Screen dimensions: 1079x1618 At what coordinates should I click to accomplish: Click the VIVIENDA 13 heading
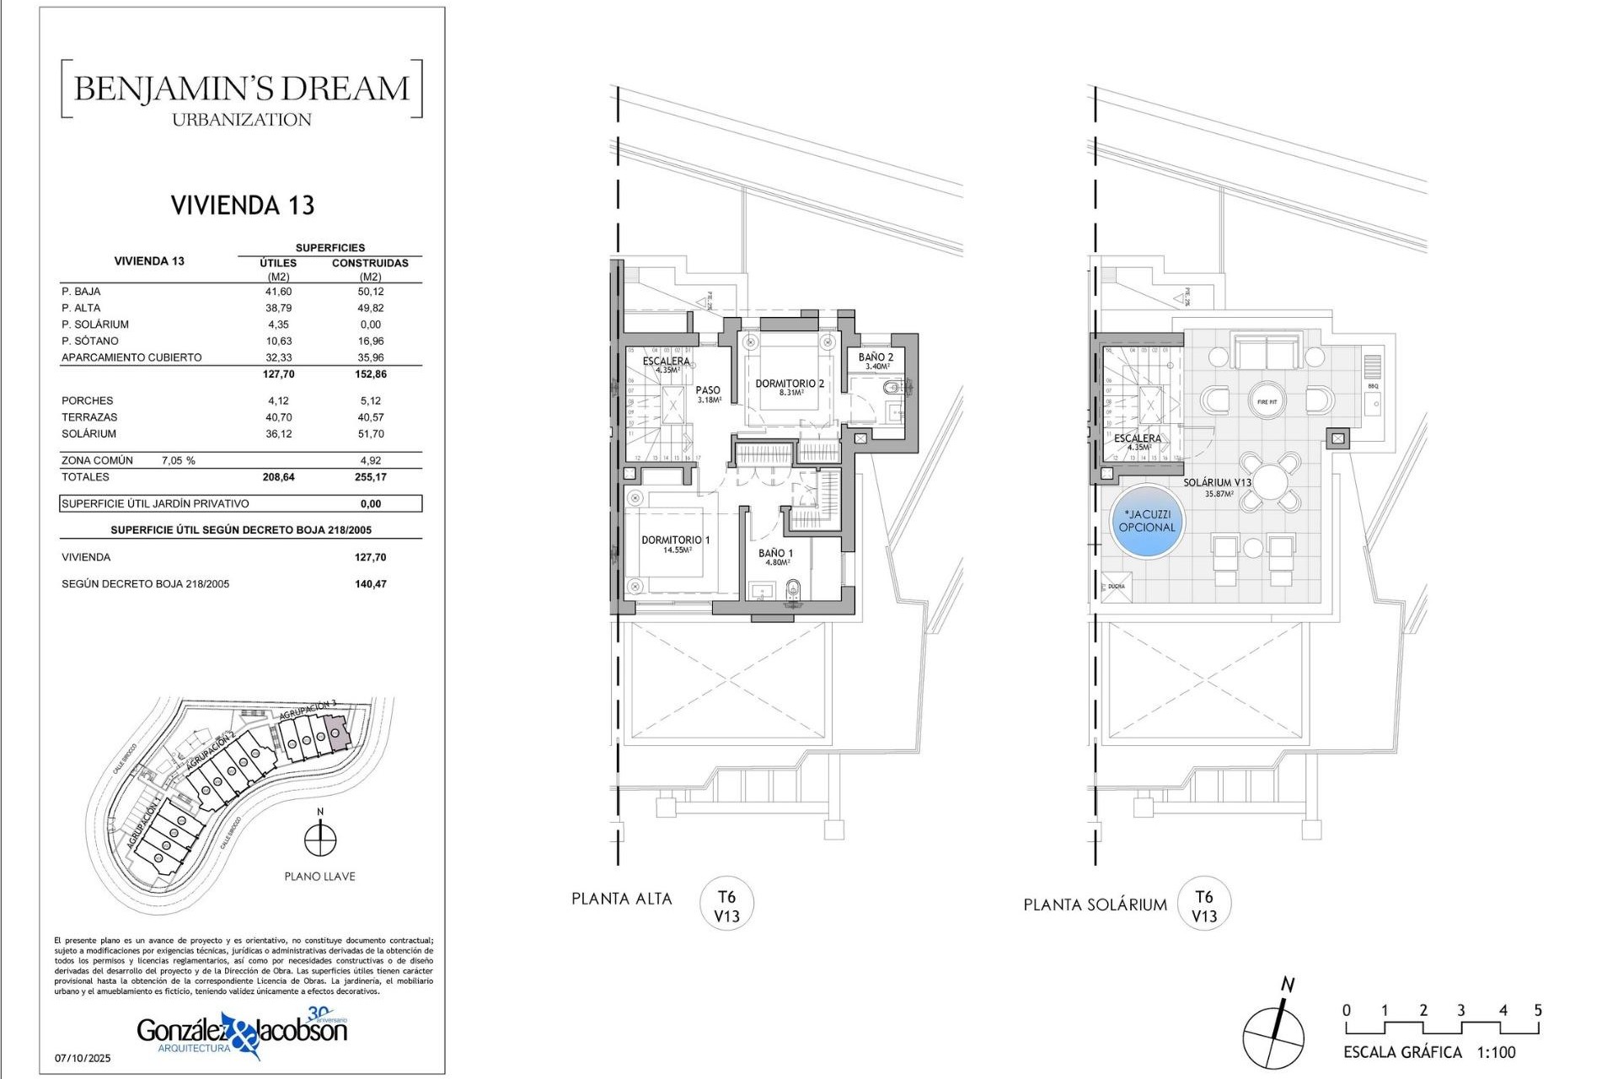(x=242, y=205)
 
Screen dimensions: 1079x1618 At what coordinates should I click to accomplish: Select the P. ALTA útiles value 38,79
(x=278, y=308)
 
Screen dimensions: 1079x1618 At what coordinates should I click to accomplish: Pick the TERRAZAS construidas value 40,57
(x=370, y=417)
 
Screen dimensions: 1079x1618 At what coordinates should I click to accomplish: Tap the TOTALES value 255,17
(x=370, y=477)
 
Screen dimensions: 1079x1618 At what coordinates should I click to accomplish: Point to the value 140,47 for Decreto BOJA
(x=370, y=584)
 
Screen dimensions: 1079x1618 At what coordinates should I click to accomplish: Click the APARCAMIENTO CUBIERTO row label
(x=131, y=357)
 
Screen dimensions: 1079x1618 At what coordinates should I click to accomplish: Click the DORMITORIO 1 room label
(x=675, y=540)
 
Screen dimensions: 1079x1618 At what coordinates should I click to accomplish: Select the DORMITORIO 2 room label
(x=790, y=384)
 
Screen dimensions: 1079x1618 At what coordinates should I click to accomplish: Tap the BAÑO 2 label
(x=876, y=357)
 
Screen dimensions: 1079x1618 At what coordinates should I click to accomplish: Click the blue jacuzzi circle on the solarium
(x=1146, y=521)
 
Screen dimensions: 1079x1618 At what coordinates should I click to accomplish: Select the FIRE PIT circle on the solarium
(x=1267, y=401)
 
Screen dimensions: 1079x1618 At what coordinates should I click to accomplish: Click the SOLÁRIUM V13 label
(x=1217, y=483)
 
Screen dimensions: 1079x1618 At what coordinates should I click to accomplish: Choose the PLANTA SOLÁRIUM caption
(x=1095, y=905)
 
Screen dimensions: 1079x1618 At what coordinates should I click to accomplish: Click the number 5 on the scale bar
(x=1538, y=1010)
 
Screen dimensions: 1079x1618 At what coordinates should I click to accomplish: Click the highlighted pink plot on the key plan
(x=336, y=733)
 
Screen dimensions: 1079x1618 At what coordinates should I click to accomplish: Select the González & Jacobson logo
(x=242, y=1033)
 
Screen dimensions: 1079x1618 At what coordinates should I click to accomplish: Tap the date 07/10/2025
(x=83, y=1058)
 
